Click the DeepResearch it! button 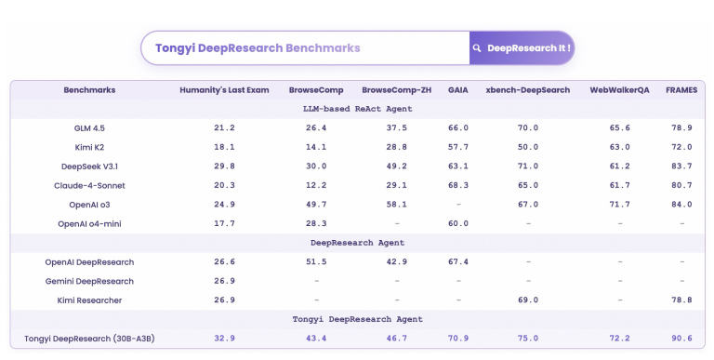[522, 47]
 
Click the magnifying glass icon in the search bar [477, 47]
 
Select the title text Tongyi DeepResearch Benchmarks [258, 47]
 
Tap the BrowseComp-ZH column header [397, 90]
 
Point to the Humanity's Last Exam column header [224, 90]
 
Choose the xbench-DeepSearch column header [528, 90]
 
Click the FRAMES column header [681, 90]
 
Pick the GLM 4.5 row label [90, 127]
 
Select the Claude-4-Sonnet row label [90, 185]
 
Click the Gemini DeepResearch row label [90, 281]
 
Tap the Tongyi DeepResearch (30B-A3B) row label [90, 339]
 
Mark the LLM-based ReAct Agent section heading [358, 109]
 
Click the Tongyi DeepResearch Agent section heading [358, 319]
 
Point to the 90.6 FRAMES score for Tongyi [681, 339]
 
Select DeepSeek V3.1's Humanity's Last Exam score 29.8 [224, 166]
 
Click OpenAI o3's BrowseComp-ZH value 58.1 [397, 204]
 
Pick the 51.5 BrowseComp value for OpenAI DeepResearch [316, 262]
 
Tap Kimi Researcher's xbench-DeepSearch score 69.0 [528, 300]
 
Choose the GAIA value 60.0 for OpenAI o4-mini [458, 223]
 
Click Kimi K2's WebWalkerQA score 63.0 [619, 147]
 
